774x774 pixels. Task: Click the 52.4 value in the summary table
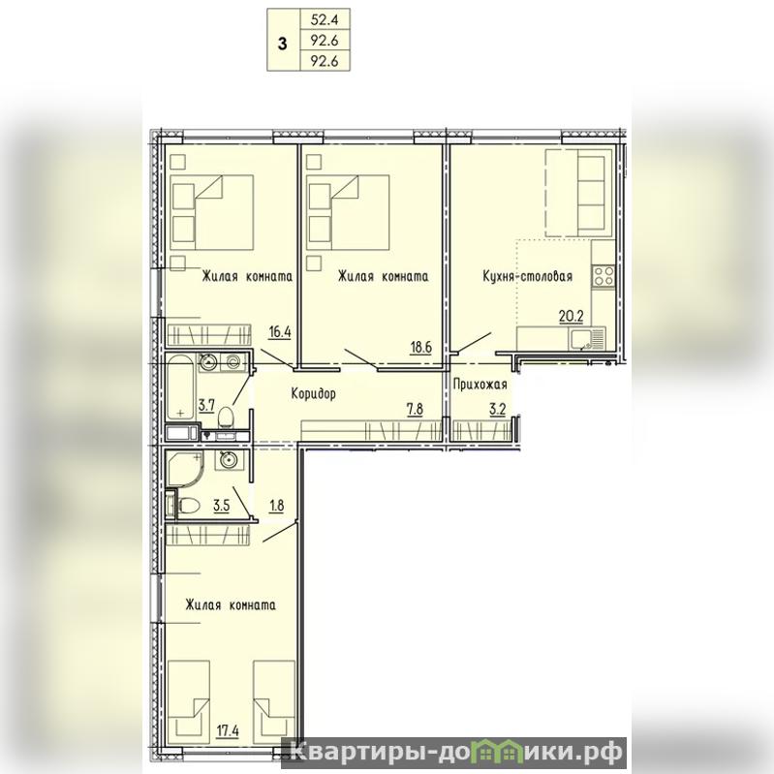[x=324, y=20]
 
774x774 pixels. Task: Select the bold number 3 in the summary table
[x=282, y=44]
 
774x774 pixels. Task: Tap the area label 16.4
[x=279, y=331]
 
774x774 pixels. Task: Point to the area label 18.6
[x=420, y=347]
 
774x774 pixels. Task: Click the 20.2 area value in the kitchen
[x=571, y=316]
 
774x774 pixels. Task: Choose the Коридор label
[x=313, y=393]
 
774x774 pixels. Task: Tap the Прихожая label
[x=480, y=384]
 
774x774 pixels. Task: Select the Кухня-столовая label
[x=527, y=276]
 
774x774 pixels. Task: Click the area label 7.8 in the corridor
[x=415, y=409]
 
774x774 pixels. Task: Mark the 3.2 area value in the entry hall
[x=498, y=409]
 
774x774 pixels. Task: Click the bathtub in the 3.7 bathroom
[x=181, y=387]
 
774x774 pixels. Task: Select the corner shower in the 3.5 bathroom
[x=185, y=468]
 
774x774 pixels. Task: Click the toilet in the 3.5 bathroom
[x=187, y=505]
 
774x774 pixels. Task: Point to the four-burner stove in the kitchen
[x=604, y=275]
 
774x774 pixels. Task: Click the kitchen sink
[x=587, y=339]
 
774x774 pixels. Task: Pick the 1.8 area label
[x=276, y=506]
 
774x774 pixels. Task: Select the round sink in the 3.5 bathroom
[x=229, y=461]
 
